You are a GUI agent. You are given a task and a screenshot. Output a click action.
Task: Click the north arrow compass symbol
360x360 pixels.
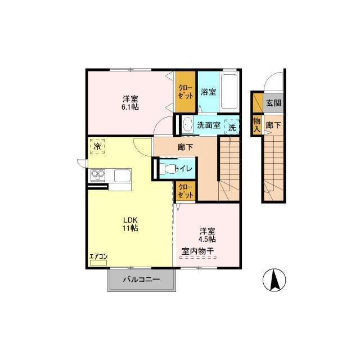[274, 280]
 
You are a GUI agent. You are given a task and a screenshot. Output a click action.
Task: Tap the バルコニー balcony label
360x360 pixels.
[141, 280]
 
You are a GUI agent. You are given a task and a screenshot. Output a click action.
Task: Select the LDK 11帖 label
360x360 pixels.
[130, 224]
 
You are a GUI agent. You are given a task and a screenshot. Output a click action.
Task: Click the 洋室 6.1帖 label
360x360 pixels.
[130, 103]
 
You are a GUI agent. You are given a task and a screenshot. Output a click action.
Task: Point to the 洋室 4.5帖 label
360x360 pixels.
[207, 235]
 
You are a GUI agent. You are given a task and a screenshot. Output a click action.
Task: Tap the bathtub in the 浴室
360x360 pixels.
[229, 92]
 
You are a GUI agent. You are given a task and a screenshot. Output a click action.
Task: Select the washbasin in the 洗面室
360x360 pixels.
[187, 125]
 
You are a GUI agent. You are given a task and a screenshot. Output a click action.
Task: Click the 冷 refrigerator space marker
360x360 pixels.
[97, 146]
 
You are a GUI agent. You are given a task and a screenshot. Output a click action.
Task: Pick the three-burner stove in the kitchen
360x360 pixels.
[98, 175]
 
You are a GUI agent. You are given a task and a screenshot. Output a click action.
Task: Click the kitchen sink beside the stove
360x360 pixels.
[122, 175]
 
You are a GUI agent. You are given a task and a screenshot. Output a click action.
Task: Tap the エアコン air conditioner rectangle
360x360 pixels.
[98, 263]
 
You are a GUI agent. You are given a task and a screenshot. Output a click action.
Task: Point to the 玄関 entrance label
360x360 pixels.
[273, 103]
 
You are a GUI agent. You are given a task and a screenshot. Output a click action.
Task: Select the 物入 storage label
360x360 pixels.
[256, 125]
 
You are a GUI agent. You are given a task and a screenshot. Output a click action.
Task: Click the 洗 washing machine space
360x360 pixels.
[232, 127]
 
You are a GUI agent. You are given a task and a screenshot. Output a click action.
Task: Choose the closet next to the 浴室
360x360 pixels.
[186, 92]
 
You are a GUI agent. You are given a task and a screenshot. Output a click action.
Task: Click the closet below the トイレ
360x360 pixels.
[186, 191]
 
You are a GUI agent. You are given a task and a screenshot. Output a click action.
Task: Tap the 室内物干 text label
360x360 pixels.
[198, 251]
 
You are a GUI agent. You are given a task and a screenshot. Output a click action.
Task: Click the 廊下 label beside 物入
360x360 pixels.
[273, 125]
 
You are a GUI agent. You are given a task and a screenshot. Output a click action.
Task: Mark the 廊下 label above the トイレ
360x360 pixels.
[185, 147]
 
